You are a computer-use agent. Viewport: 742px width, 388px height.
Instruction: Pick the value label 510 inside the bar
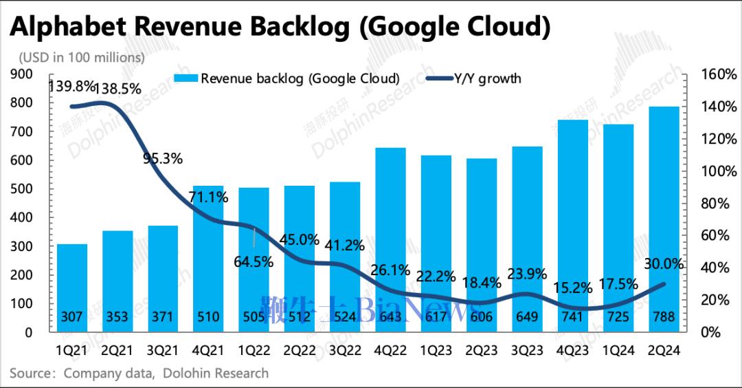208,317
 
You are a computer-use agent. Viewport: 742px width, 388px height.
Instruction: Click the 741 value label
572,317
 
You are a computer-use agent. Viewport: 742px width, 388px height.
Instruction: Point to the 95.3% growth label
163,159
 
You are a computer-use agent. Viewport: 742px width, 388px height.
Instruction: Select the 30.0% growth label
663,263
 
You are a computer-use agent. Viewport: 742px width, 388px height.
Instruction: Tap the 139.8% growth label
71,86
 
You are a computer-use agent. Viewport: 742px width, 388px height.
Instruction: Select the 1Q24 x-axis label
618,349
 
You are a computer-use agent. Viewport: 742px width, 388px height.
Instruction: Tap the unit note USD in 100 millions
82,57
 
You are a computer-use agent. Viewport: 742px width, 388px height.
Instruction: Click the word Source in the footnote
32,374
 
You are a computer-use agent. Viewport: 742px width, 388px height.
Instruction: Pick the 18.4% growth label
482,283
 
